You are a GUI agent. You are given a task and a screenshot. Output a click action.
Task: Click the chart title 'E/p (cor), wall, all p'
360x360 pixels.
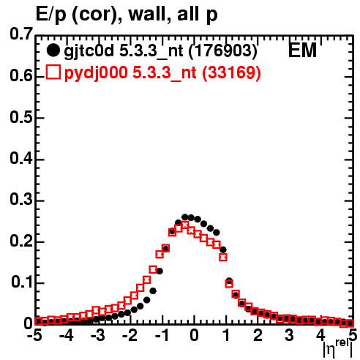point(127,15)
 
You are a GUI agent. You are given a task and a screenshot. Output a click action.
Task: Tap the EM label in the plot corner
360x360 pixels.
point(302,50)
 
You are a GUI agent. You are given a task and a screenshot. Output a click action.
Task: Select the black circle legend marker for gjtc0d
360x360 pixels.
point(53,50)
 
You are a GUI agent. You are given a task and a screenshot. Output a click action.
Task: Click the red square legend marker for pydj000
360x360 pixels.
point(53,72)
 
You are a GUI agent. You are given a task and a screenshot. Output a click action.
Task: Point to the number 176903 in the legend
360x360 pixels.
point(223,50)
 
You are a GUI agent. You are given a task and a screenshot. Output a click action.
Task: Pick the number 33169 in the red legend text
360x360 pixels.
point(231,72)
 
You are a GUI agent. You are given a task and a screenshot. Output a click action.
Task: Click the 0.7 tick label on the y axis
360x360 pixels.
point(21,34)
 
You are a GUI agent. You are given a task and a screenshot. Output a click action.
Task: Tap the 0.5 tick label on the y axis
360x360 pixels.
point(21,117)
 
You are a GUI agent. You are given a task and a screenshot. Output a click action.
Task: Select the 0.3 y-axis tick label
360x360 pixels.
point(21,200)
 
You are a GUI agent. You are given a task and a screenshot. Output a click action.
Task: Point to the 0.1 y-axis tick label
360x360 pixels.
point(22,282)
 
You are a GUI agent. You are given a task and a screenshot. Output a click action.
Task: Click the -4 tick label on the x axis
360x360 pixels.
point(67,335)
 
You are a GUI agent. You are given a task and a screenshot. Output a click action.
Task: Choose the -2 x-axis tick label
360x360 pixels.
point(130,335)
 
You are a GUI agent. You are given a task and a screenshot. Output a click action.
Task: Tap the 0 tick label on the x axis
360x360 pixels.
point(194,336)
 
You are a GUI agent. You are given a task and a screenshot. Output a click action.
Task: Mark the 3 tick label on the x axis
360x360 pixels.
point(289,335)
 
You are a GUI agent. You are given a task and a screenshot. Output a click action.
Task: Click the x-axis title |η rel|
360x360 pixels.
point(337,349)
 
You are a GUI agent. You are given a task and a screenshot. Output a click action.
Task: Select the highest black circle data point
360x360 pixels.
point(185,217)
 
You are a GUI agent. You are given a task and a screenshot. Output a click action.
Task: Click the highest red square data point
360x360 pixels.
point(185,225)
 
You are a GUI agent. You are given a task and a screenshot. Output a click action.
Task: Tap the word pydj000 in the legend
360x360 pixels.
point(96,73)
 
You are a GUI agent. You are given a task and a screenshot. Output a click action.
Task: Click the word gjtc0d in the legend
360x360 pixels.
point(89,51)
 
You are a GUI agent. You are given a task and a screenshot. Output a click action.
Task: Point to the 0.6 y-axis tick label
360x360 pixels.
point(21,76)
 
